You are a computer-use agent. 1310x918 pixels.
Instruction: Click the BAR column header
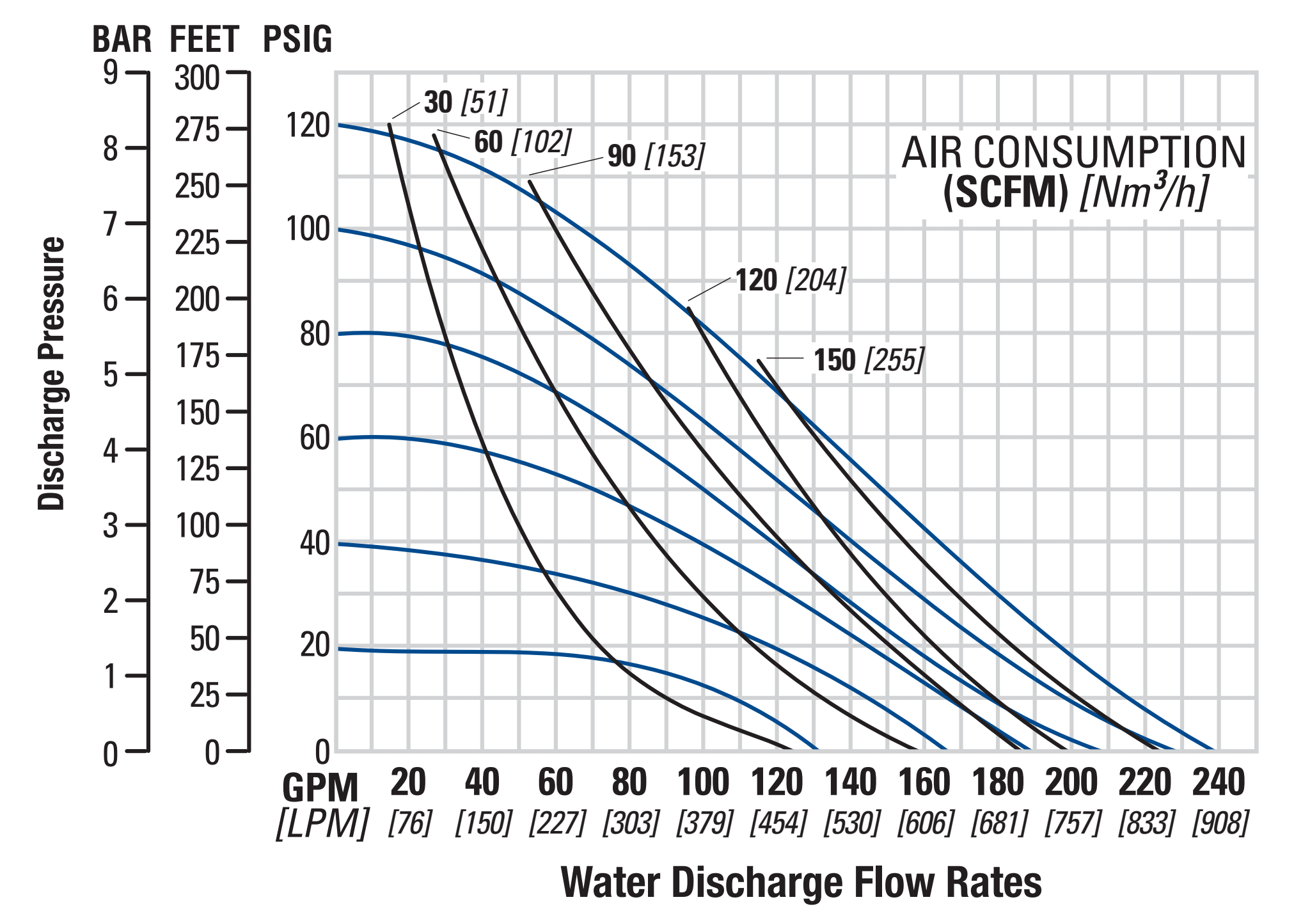coord(122,40)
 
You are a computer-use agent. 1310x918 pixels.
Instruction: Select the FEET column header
coord(204,40)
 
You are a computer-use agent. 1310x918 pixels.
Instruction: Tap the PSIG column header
coord(297,40)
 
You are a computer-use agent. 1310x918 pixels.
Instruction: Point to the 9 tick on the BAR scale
coord(111,74)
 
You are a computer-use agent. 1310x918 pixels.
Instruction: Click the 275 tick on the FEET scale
coord(197,130)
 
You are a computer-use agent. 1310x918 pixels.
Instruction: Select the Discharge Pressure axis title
coord(52,374)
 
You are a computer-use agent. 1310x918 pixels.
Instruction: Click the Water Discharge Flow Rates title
coord(801,882)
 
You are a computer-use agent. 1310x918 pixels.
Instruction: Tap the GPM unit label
coord(320,787)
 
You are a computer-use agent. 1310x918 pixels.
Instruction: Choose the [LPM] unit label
coord(322,824)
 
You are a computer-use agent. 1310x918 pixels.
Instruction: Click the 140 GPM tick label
coord(851,783)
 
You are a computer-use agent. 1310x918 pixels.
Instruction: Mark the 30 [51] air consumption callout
coord(465,102)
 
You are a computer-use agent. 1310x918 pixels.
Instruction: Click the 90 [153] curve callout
coord(656,155)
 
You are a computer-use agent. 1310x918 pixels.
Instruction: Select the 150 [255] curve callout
coord(869,360)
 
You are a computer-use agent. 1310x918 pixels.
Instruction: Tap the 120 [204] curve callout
coord(791,280)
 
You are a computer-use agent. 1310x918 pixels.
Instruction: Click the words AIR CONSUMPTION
coord(1073,153)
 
